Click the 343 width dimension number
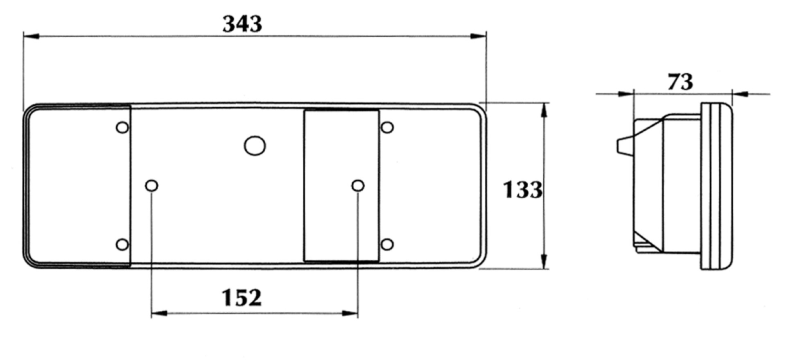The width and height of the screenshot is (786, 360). click(x=242, y=24)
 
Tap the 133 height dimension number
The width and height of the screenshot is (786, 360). click(x=522, y=190)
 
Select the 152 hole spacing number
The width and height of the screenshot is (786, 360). click(x=242, y=298)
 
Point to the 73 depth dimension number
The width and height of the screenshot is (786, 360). click(x=680, y=82)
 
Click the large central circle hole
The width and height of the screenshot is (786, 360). click(x=255, y=146)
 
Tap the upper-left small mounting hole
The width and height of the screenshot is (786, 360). click(x=122, y=127)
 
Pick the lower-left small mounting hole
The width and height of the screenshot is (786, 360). click(x=122, y=245)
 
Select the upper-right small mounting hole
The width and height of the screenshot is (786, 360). click(x=387, y=127)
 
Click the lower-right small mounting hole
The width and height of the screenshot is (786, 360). click(x=387, y=245)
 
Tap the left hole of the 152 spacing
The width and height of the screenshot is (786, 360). click(x=151, y=186)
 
